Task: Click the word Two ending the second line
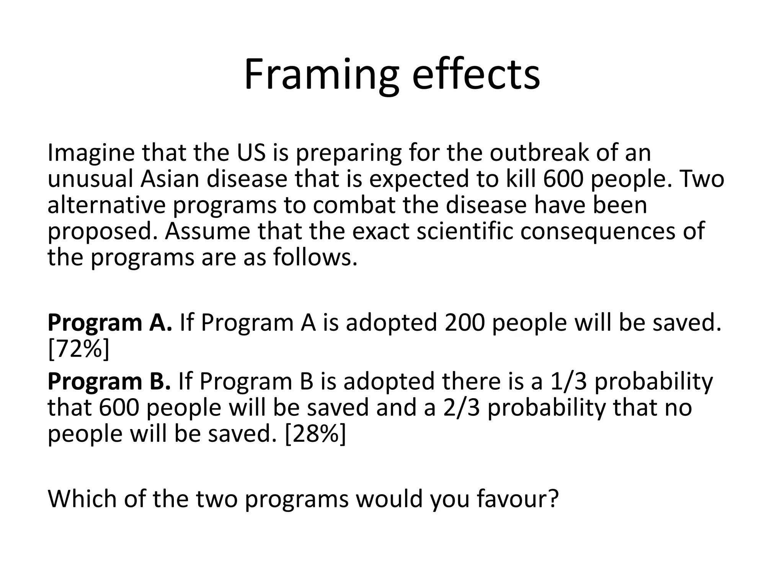[702, 179]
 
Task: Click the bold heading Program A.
[109, 323]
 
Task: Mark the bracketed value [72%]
[79, 349]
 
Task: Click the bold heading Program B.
[109, 381]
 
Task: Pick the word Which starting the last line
[82, 499]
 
